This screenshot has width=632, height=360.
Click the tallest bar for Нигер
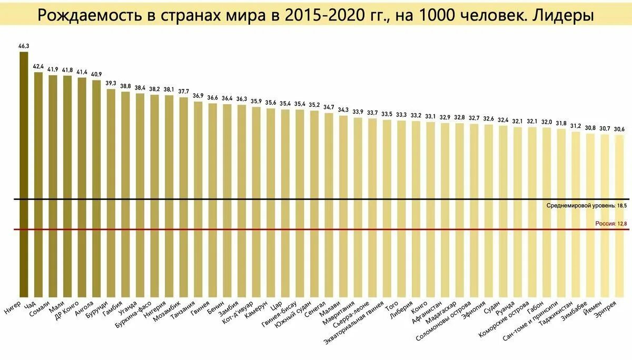24,174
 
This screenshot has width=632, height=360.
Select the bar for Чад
38,184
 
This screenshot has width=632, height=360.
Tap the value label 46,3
24,46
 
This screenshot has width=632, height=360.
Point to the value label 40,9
96,74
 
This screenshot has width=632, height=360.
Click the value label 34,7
329,107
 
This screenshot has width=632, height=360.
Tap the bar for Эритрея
619,216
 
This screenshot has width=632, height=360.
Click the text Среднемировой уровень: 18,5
587,205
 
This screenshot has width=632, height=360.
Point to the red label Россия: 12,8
611,224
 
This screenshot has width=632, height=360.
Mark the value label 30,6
619,129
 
